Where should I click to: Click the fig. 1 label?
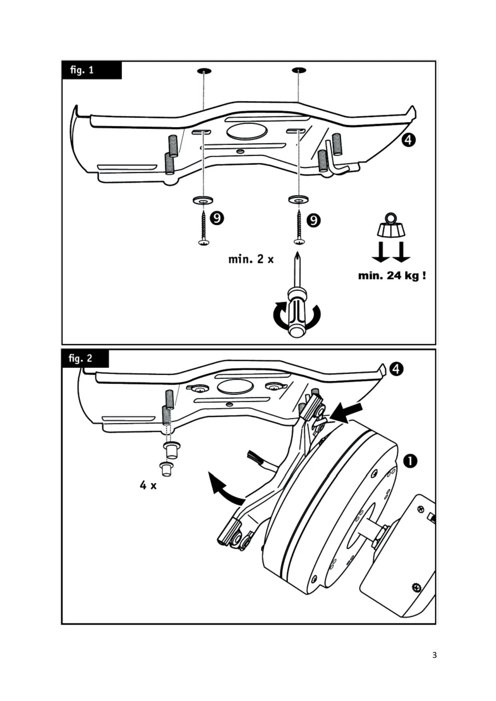(x=82, y=70)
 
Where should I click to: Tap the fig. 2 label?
(x=80, y=358)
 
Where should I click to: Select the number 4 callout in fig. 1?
(x=408, y=140)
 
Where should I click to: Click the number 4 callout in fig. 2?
(x=396, y=369)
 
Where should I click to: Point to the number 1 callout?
(x=410, y=461)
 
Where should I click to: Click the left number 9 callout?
(x=217, y=218)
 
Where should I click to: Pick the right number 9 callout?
(x=314, y=220)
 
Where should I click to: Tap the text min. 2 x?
(x=251, y=259)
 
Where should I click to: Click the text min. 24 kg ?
(x=392, y=275)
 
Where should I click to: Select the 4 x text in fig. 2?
(x=148, y=485)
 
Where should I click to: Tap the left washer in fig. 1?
(x=203, y=200)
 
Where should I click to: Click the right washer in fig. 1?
(x=298, y=199)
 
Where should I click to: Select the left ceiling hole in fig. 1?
(x=204, y=71)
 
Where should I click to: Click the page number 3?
(x=434, y=655)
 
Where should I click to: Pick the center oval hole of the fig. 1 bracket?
(x=247, y=131)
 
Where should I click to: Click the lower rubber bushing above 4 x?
(x=166, y=468)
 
